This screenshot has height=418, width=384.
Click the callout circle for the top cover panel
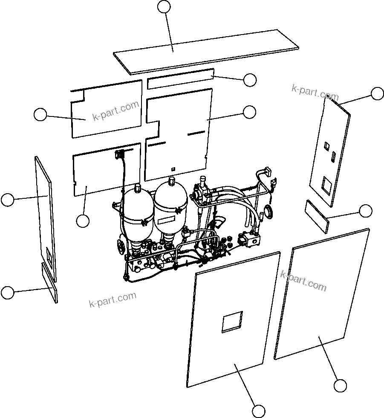164,6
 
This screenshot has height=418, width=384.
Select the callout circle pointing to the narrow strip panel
250,80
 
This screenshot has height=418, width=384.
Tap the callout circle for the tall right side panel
377,94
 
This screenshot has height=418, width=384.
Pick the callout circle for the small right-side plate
366,211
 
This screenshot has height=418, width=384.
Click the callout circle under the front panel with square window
259,411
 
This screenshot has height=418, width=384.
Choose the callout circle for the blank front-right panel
340,386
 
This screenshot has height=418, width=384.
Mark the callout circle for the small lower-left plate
7,293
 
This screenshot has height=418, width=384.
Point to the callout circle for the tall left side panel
7,200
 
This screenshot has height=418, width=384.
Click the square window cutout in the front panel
232,322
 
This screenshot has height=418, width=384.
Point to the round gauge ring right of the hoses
269,211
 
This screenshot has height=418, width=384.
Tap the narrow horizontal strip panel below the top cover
180,79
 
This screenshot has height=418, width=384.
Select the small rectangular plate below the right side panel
317,217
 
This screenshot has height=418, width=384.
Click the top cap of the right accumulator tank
170,182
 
